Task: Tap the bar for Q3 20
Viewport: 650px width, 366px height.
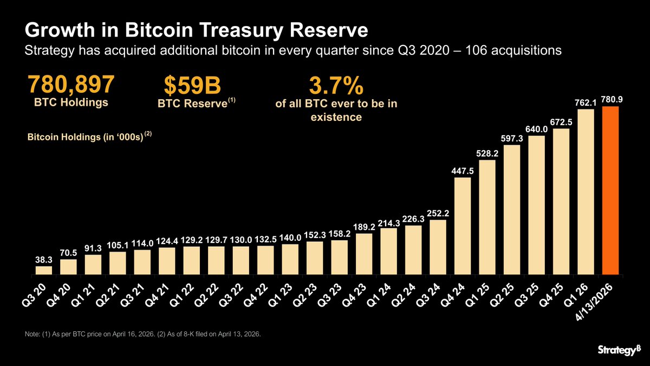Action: pyautogui.click(x=44, y=270)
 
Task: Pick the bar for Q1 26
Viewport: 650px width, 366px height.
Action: pyautogui.click(x=586, y=192)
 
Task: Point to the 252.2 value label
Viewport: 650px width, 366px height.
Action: pyautogui.click(x=438, y=213)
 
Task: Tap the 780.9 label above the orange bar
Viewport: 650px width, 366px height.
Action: pyautogui.click(x=610, y=100)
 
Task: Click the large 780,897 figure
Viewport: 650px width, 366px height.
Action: pyautogui.click(x=71, y=85)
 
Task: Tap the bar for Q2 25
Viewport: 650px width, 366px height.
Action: pyautogui.click(x=512, y=209)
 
